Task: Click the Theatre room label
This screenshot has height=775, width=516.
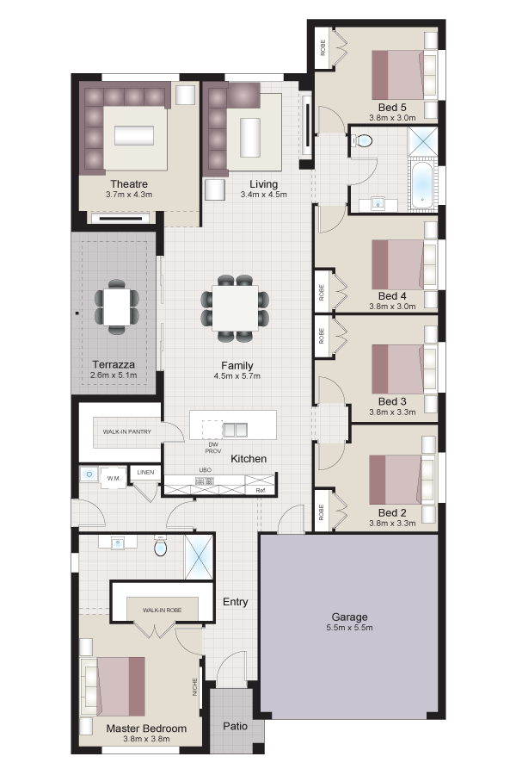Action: click(129, 184)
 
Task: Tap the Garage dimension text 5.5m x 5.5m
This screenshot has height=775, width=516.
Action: click(349, 628)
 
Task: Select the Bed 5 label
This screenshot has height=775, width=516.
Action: click(392, 108)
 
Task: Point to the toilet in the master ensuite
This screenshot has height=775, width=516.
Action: click(161, 546)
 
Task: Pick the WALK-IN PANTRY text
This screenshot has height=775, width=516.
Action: click(127, 431)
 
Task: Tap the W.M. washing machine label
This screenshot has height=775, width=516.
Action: click(114, 479)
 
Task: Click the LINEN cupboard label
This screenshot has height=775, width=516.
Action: click(145, 473)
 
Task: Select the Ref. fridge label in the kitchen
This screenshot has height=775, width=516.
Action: click(261, 490)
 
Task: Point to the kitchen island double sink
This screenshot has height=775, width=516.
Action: click(235, 430)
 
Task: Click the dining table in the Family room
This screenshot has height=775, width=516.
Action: click(235, 309)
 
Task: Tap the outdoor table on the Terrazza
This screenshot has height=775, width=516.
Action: click(117, 307)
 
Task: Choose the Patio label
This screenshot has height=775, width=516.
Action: click(235, 726)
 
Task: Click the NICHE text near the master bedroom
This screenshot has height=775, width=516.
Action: click(195, 687)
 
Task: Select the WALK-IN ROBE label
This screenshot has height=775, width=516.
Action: click(162, 610)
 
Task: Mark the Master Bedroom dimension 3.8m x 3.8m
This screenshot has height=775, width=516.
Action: click(146, 739)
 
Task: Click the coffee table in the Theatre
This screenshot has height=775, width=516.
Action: click(134, 135)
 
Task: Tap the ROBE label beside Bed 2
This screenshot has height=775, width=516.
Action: click(322, 512)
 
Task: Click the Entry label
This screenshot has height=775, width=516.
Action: click(235, 602)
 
